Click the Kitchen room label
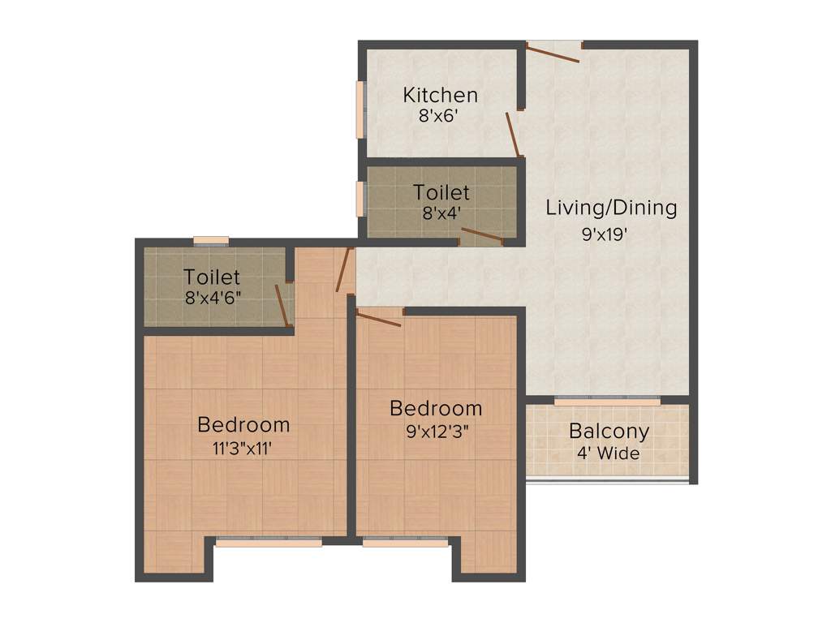pyautogui.click(x=441, y=95)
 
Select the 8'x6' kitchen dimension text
pyautogui.click(x=440, y=116)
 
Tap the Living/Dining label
pyautogui.click(x=610, y=207)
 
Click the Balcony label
pyautogui.click(x=609, y=431)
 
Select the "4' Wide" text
pyautogui.click(x=608, y=453)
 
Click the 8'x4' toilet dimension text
pyautogui.click(x=441, y=214)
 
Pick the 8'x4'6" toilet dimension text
pyautogui.click(x=212, y=297)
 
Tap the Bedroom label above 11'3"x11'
pyautogui.click(x=243, y=424)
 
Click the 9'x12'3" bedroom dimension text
pyautogui.click(x=436, y=432)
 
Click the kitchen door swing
pyautogui.click(x=513, y=134)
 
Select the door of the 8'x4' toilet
pyautogui.click(x=481, y=236)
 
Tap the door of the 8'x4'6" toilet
pyautogui.click(x=282, y=305)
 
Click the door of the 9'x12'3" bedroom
pyautogui.click(x=379, y=318)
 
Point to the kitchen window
pyautogui.click(x=360, y=110)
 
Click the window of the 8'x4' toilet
pyautogui.click(x=360, y=199)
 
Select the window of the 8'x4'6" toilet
pyautogui.click(x=211, y=240)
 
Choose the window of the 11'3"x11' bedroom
pyautogui.click(x=269, y=543)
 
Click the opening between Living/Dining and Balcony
pyautogui.click(x=607, y=402)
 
